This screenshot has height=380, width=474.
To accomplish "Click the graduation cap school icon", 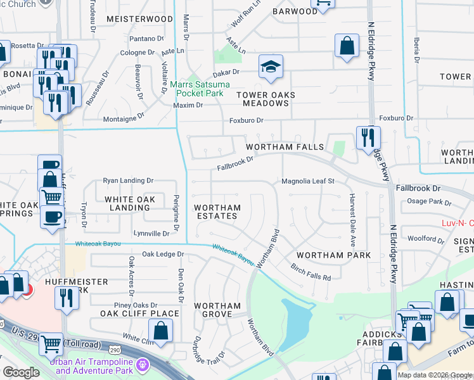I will [271, 66].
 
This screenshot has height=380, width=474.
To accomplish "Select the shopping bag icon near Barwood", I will [346, 46].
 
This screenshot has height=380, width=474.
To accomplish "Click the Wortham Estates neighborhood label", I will [217, 212].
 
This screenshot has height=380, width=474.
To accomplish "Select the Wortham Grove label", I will [217, 310].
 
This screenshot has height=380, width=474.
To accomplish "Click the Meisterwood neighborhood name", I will [139, 20].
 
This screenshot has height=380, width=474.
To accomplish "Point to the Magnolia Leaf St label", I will [307, 181].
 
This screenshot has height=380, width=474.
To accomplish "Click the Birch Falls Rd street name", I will [311, 272].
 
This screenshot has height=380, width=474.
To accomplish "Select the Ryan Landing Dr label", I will [129, 181].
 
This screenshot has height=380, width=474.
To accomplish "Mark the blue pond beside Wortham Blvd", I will [295, 323].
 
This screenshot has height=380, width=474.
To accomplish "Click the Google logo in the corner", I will [21, 372].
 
